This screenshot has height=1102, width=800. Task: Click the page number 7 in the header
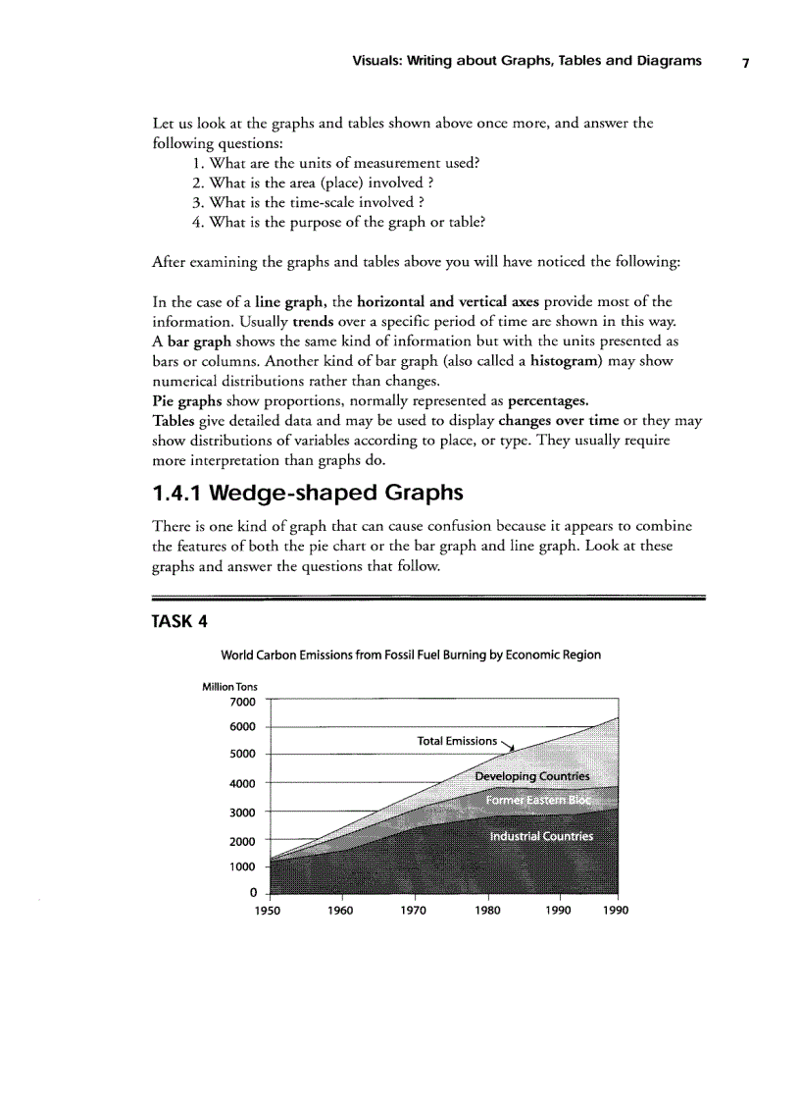[745, 62]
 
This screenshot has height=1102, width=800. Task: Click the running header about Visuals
[526, 61]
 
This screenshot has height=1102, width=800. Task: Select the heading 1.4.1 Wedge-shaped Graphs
[308, 491]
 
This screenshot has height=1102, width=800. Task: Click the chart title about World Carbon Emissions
[411, 655]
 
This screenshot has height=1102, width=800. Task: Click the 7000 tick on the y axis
[241, 702]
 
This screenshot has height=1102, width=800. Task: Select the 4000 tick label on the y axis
[241, 784]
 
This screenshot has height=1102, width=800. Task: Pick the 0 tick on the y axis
[252, 892]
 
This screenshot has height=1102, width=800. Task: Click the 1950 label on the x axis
[268, 910]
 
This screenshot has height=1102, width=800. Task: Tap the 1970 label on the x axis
[413, 910]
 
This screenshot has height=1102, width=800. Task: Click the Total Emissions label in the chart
[458, 741]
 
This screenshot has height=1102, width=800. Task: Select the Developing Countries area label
[532, 776]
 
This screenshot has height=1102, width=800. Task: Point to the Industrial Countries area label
[541, 837]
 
